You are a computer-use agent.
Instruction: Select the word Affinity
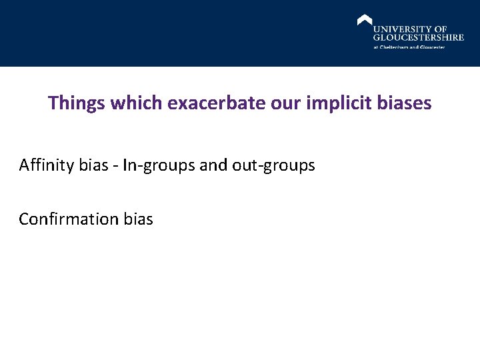tap(47, 165)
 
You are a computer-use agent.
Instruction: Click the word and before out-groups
tap(213, 165)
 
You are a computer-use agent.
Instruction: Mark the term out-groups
tap(273, 165)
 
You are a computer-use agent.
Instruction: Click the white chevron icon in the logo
tap(365, 20)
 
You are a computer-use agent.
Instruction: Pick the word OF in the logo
tap(441, 29)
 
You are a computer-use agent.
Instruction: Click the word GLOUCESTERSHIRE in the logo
tap(418, 38)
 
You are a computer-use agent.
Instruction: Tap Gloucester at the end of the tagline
tap(431, 47)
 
